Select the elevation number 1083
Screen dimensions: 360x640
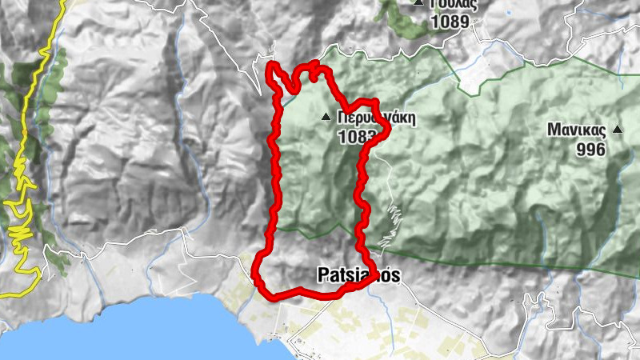[x=357, y=136]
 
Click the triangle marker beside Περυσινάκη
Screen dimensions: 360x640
[x=326, y=118]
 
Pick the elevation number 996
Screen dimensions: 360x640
[x=590, y=149]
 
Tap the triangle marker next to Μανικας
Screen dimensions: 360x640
[x=617, y=129]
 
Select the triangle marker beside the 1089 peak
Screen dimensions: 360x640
[x=418, y=3]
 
